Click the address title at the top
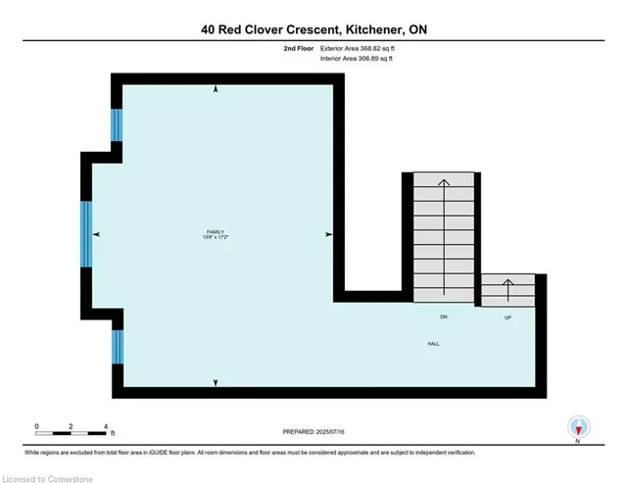coord(313,29)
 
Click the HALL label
coord(432,343)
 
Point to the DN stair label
coord(443,317)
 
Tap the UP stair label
coord(506,317)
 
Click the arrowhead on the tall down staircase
coord(443,182)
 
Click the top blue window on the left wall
coord(118,124)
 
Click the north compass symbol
coord(579,426)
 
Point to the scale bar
coord(71,432)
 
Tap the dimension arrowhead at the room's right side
coord(328,234)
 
